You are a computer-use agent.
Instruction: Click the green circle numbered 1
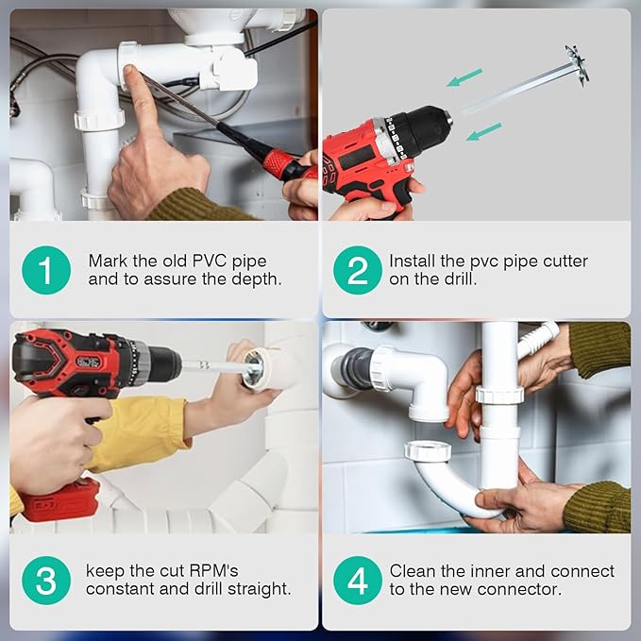46,269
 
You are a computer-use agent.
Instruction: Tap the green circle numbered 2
358,269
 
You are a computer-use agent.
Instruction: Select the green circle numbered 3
46,581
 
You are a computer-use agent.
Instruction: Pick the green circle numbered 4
358,581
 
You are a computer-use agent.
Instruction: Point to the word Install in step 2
413,260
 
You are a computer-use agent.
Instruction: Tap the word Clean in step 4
413,571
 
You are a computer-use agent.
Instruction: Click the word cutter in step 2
565,260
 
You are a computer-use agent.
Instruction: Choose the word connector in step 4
526,589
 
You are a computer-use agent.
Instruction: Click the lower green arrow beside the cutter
484,131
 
